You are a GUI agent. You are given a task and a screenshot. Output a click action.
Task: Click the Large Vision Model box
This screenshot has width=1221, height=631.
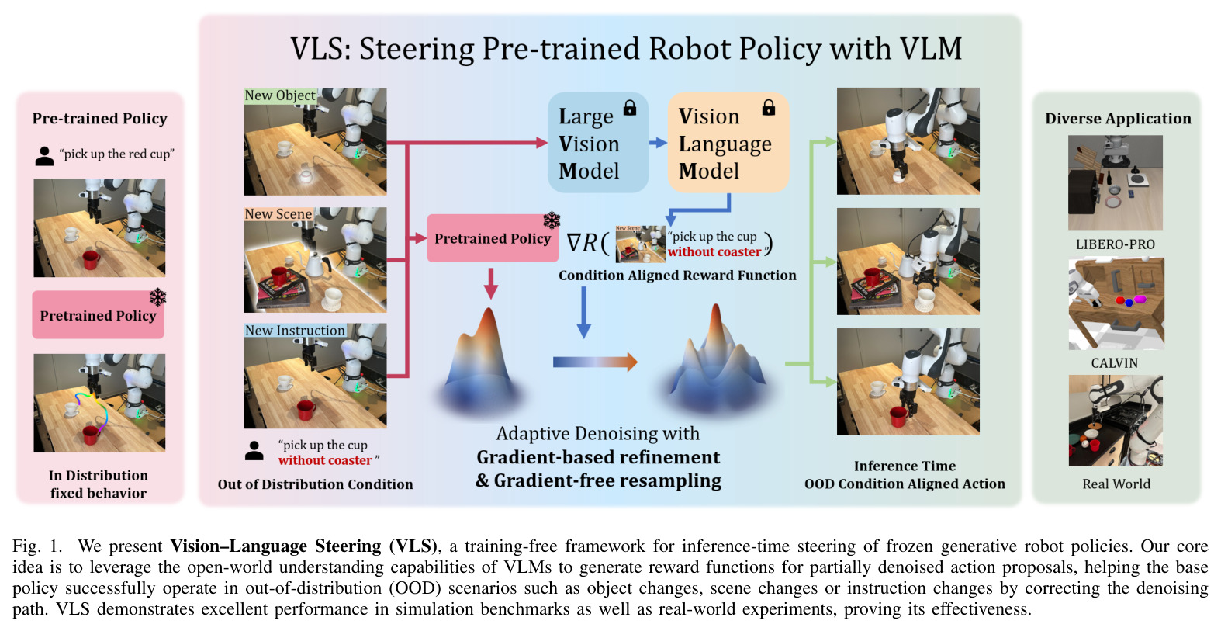point(598,142)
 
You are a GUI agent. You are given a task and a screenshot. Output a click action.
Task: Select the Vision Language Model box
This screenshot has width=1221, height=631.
point(728,142)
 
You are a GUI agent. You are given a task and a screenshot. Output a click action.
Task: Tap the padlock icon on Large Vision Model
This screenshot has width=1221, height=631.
point(630,107)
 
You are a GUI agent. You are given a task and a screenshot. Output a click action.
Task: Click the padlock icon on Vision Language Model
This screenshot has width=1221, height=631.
point(769,107)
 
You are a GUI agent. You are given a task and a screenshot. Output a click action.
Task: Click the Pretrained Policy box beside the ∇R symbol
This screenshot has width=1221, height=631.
point(493,238)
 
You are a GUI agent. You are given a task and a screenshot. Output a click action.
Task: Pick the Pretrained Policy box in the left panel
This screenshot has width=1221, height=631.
point(98,314)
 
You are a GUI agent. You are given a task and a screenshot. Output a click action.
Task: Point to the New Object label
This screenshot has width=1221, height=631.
point(280,95)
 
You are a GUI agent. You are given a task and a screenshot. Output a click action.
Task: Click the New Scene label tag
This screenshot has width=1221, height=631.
point(278,213)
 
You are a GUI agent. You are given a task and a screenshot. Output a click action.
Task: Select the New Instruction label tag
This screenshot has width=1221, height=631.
point(295,331)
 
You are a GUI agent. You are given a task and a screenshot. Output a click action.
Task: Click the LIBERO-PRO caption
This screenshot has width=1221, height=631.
point(1116,244)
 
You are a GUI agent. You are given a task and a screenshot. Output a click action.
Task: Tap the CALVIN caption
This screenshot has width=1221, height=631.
point(1114,363)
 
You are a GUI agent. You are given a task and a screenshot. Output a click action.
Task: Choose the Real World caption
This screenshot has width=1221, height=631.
point(1116,484)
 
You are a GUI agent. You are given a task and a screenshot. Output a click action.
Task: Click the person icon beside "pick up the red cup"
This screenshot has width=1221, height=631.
point(44,156)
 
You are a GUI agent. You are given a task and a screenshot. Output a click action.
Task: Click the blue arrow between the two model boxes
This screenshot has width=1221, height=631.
point(659,143)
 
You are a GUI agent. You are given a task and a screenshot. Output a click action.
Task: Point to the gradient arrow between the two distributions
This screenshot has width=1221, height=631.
point(595,362)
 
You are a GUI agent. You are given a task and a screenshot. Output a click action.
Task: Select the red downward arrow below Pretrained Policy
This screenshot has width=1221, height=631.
point(491,283)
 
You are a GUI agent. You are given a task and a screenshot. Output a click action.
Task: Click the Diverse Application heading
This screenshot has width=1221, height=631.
point(1118,118)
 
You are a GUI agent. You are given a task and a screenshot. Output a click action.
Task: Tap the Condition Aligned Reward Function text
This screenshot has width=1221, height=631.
point(677,276)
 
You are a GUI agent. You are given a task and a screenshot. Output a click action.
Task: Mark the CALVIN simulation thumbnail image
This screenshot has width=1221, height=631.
point(1116,303)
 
